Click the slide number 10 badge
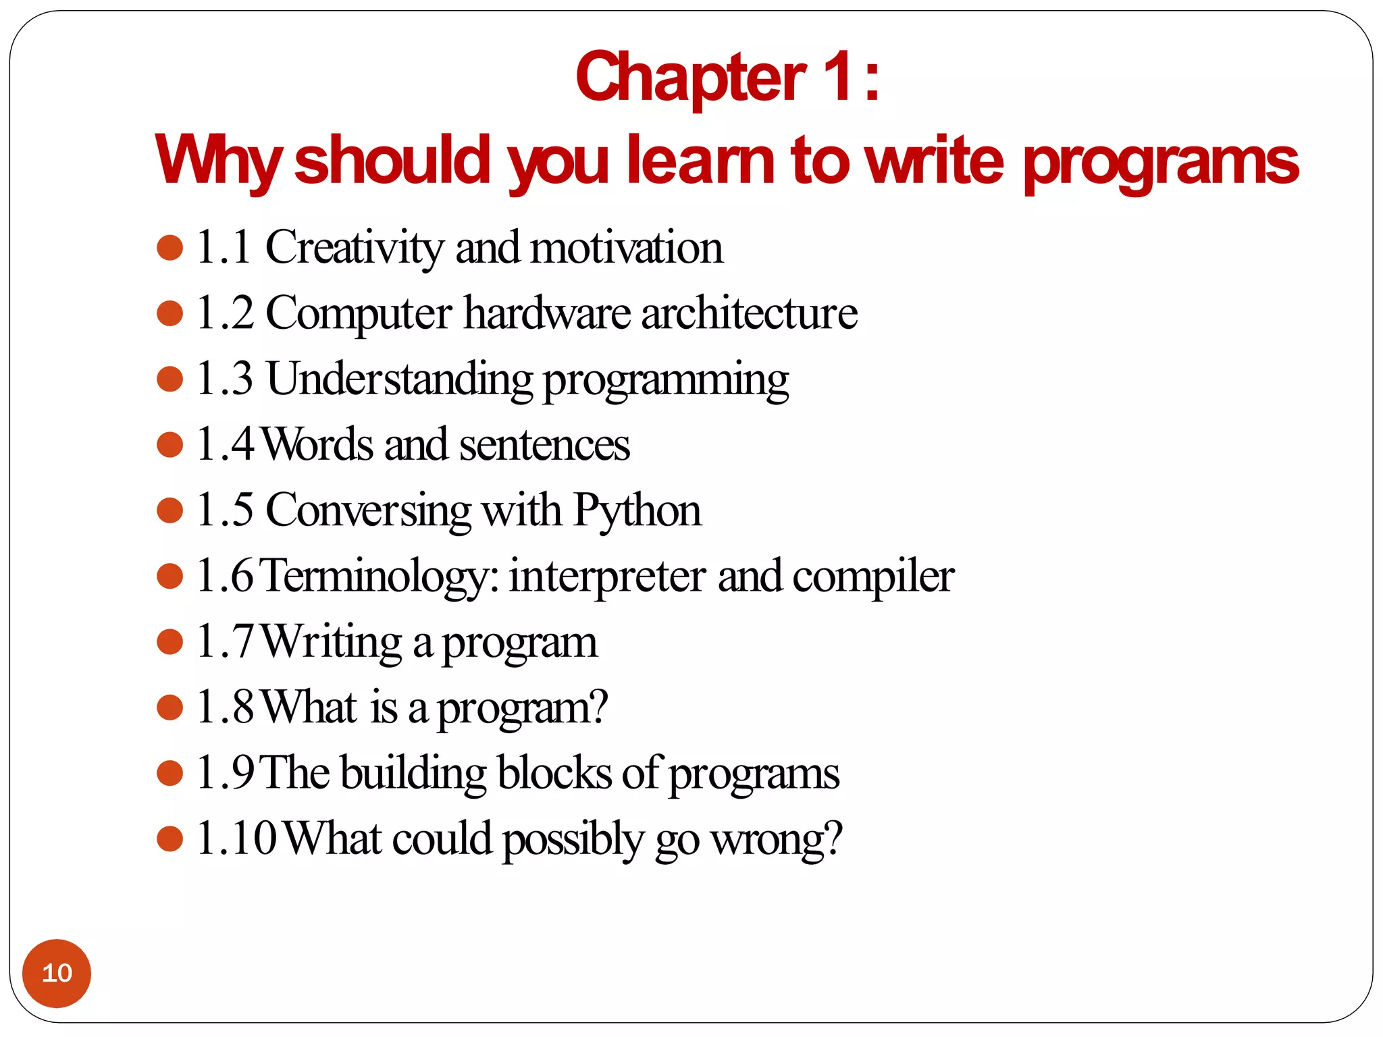(57, 973)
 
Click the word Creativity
(355, 247)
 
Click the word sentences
(544, 445)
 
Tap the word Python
(637, 510)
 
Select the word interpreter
(607, 576)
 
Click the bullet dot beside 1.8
(169, 708)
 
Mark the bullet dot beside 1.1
(169, 248)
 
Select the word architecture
(749, 313)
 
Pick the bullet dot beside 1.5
(169, 510)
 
